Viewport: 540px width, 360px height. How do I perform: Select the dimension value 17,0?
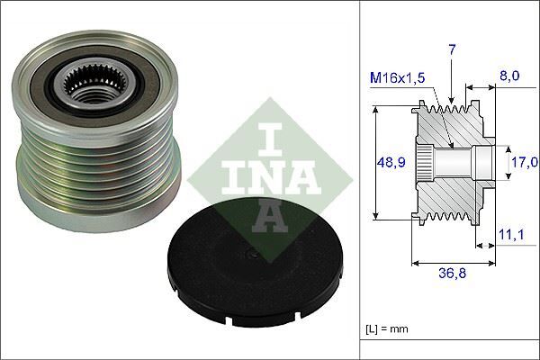pyautogui.click(x=523, y=164)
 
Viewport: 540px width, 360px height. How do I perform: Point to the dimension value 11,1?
pyautogui.click(x=510, y=235)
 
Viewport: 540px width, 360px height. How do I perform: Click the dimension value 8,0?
pyautogui.click(x=509, y=78)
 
